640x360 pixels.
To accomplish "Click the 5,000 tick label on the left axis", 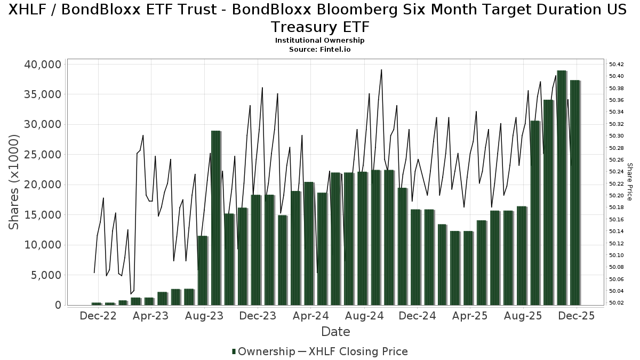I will (47, 275).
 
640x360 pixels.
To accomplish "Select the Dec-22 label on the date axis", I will (98, 316).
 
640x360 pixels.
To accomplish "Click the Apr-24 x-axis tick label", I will (311, 316).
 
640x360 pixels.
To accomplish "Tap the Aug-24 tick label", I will (364, 316).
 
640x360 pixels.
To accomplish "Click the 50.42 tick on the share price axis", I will (616, 64).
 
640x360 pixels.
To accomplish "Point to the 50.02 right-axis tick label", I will (616, 303).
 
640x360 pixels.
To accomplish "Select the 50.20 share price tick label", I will (616, 196).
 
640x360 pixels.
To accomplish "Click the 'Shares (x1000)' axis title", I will (14, 182).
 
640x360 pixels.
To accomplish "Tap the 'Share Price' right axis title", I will (630, 182).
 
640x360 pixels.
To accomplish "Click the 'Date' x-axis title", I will (335, 332).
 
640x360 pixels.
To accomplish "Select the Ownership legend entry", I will (263, 351).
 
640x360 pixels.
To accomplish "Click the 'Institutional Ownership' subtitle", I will (319, 41).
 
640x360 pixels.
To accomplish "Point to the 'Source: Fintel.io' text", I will (319, 49).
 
